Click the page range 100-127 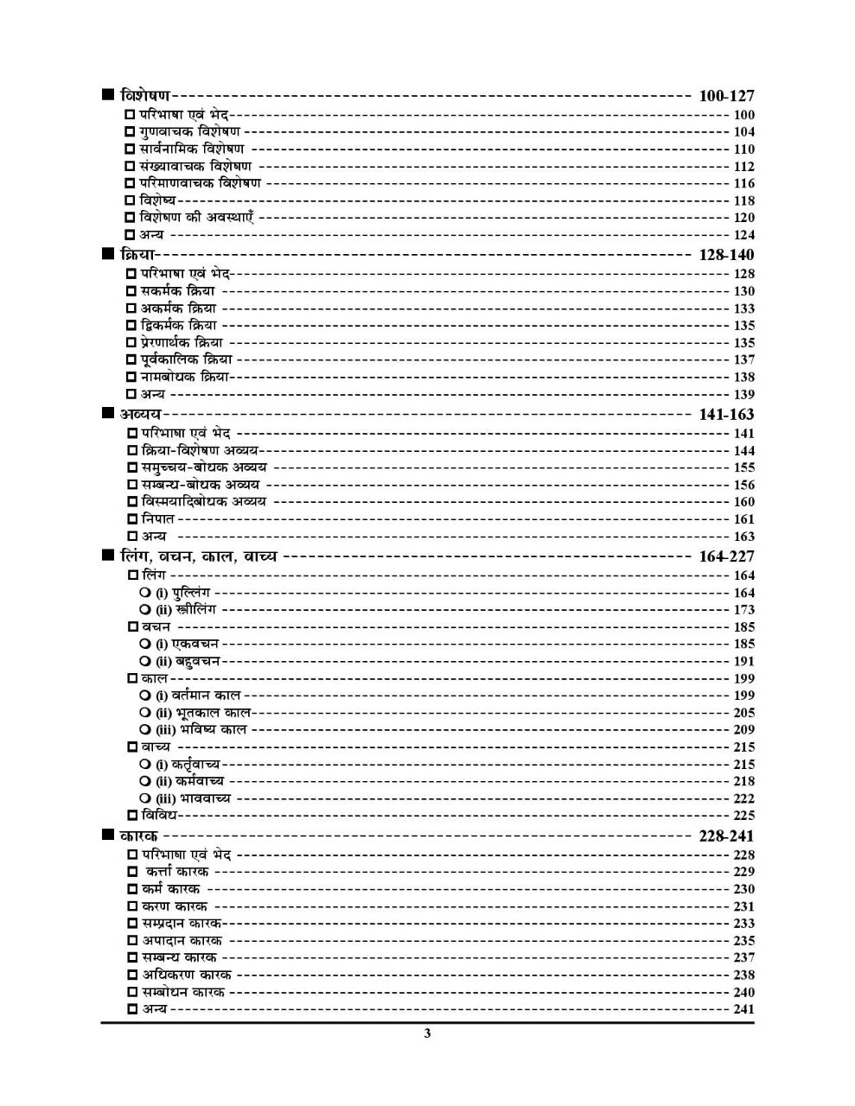coord(725,96)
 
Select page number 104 coord(743,132)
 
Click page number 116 coord(743,183)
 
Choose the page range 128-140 coord(725,254)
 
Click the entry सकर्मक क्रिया coord(178,291)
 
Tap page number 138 coord(743,377)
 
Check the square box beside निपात coord(132,519)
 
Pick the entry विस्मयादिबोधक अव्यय coord(203,501)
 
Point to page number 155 coord(743,467)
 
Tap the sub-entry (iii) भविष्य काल coord(201,729)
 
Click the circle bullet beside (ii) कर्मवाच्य coord(145,781)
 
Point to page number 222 coord(743,798)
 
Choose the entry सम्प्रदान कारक coord(182,923)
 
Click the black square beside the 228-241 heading coord(107,835)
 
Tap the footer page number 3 coord(427,1033)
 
